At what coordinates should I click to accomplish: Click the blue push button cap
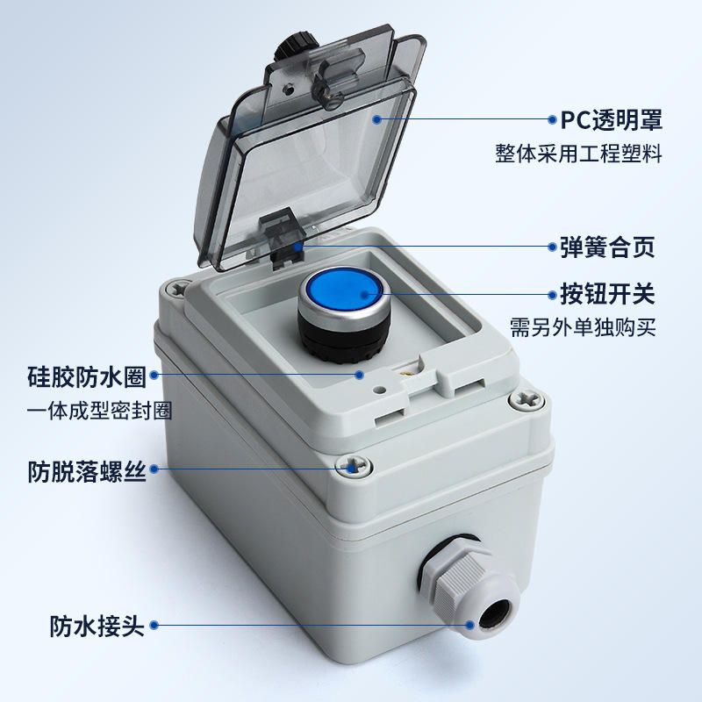[x=341, y=291]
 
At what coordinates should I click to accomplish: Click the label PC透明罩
[x=612, y=119]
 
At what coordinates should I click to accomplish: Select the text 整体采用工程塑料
[x=578, y=153]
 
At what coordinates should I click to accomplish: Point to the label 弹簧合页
[x=607, y=247]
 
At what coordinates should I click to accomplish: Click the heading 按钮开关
[x=607, y=294]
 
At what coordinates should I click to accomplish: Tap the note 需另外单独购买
[x=583, y=327]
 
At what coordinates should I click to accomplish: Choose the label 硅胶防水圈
[x=87, y=376]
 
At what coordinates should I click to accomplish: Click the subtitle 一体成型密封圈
[x=99, y=411]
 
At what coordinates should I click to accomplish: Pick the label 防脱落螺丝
[x=87, y=471]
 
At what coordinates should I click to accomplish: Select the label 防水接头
[x=97, y=626]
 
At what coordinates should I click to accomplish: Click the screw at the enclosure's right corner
[x=527, y=400]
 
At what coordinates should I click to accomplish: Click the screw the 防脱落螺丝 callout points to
[x=354, y=467]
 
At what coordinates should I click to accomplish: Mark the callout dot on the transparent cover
[x=376, y=119]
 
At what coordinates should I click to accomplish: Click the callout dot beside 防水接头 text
[x=154, y=625]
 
